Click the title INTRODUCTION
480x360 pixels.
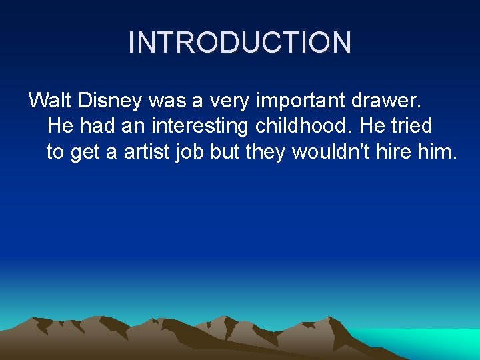[x=239, y=42]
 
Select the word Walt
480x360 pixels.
[x=51, y=101]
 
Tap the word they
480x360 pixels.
[x=267, y=152]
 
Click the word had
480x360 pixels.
[x=97, y=126]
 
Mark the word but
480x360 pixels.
[x=225, y=152]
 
